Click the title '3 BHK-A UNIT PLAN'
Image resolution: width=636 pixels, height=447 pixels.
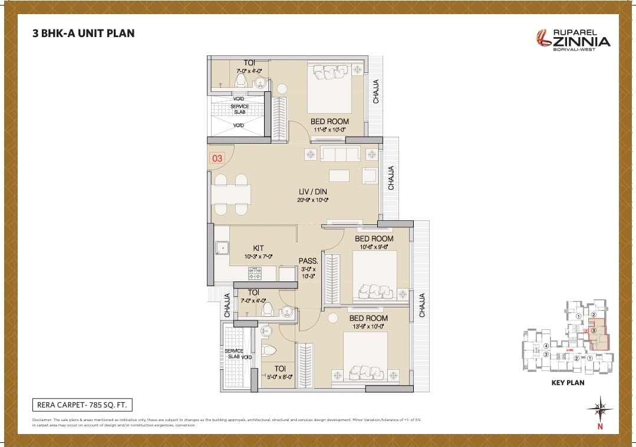[x=83, y=33]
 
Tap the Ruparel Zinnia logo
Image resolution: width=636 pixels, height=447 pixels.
[x=573, y=39]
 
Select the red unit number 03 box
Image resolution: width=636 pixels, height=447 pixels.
[x=217, y=158]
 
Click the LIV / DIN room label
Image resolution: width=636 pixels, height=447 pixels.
[x=312, y=191]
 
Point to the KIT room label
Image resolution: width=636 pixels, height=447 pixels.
[x=258, y=248]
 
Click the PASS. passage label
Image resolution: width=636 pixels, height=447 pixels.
[x=308, y=260]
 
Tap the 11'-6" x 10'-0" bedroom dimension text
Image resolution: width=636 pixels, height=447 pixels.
[x=329, y=130]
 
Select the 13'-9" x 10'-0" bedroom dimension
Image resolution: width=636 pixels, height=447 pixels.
[x=368, y=326]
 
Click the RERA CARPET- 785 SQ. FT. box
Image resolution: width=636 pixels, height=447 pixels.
[x=81, y=405]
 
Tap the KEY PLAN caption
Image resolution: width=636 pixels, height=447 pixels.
[x=567, y=382]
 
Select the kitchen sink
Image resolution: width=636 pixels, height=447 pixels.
[x=222, y=248]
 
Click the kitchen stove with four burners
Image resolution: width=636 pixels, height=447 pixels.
[x=255, y=273]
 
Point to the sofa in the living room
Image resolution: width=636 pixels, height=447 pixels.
[x=340, y=154]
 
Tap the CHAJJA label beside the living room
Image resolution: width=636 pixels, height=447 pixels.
[x=391, y=177]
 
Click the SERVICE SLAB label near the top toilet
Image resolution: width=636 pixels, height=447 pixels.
[x=239, y=109]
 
